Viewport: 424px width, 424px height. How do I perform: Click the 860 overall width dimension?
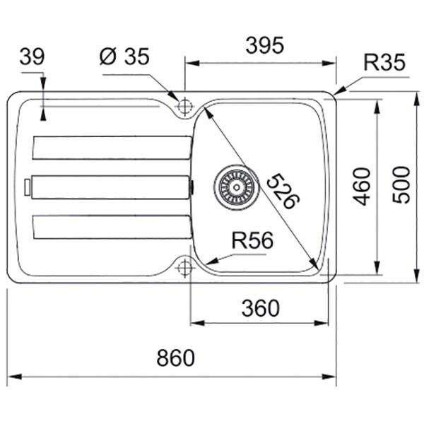click(175, 358)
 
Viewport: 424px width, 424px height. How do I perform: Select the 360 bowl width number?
click(260, 308)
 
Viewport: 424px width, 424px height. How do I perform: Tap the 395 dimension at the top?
click(265, 45)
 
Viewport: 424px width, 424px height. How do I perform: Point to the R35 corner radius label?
click(384, 62)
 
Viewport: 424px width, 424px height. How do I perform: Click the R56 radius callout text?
click(252, 240)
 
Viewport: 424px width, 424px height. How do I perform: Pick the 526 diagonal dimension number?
click(283, 192)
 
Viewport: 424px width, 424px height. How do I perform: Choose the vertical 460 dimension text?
click(362, 187)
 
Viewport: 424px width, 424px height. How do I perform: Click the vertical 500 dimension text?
click(401, 184)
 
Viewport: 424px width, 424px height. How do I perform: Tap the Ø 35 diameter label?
click(124, 57)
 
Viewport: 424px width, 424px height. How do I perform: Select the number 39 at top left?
click(32, 57)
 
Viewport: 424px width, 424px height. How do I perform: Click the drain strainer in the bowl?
click(237, 187)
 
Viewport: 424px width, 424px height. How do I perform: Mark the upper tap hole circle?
click(185, 106)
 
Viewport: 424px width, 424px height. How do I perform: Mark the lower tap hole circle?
click(185, 268)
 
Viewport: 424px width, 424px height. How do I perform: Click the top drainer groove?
click(112, 148)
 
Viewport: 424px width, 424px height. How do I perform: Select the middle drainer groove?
click(111, 187)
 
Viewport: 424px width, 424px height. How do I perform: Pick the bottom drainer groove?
click(112, 227)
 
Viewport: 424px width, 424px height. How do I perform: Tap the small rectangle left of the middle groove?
click(28, 187)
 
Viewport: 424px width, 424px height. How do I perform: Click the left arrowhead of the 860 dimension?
click(15, 377)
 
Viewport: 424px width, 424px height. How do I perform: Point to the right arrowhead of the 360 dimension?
click(321, 323)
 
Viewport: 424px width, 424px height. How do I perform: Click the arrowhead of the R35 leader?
click(340, 90)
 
